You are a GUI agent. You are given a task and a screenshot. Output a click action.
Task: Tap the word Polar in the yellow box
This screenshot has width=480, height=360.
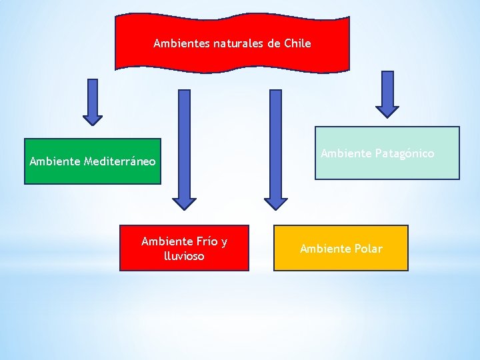tap(368, 249)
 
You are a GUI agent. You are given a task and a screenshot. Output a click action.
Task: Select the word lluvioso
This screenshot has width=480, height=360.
tap(183, 256)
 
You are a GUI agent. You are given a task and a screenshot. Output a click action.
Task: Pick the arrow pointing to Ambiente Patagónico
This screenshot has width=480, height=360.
tap(387, 94)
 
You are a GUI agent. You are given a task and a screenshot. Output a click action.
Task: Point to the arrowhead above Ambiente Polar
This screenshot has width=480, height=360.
tap(275, 201)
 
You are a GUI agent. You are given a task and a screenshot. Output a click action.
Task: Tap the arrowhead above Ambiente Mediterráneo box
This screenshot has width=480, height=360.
tap(93, 118)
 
